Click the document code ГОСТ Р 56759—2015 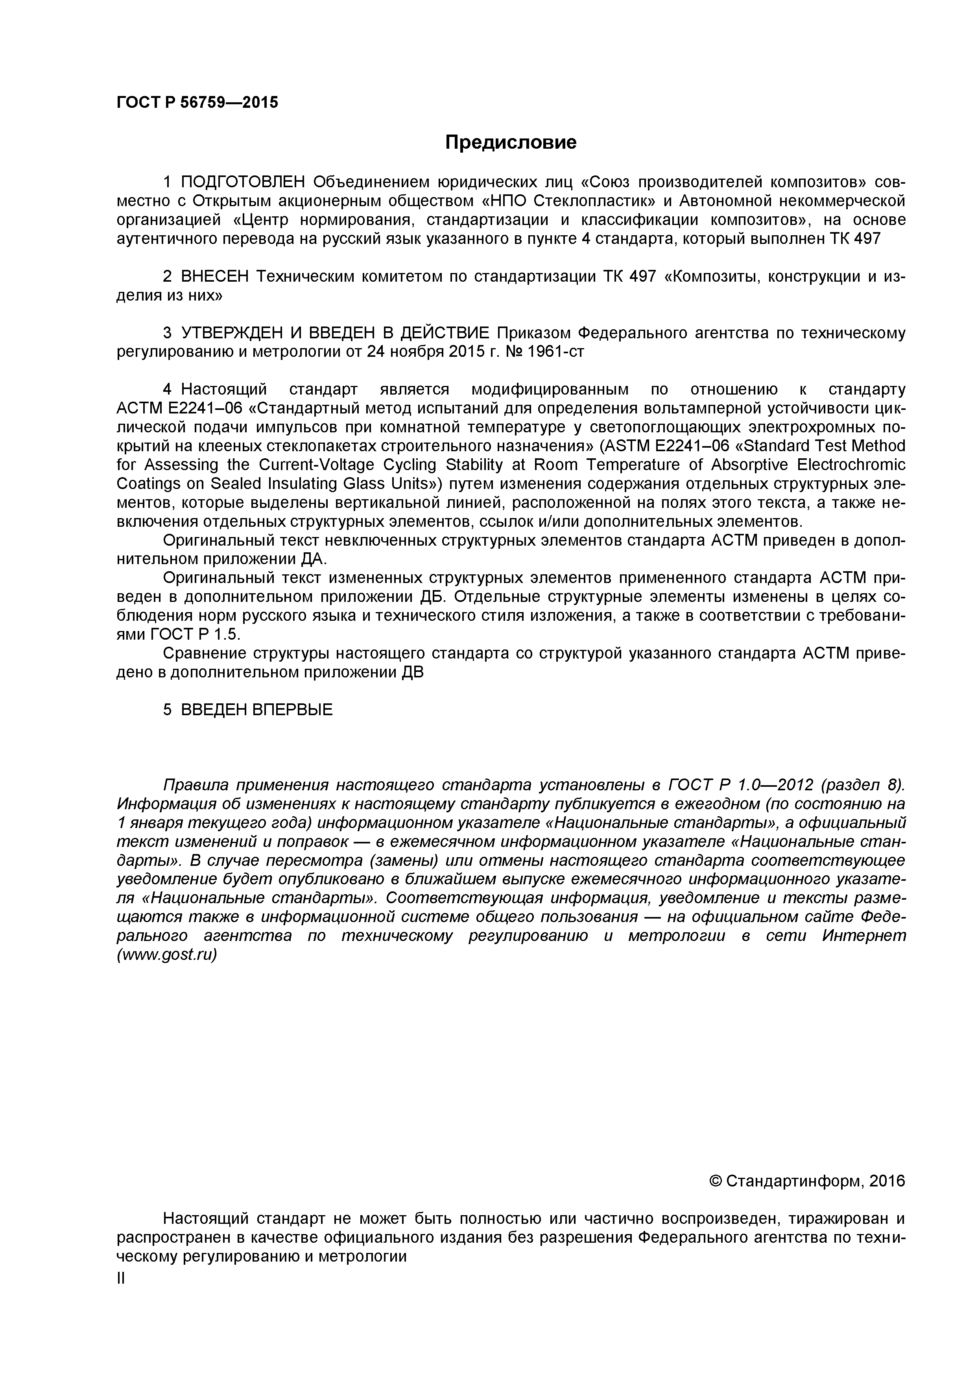click(197, 103)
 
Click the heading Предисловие click(510, 142)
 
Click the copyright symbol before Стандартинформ click(715, 1182)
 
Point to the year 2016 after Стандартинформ click(886, 1182)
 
